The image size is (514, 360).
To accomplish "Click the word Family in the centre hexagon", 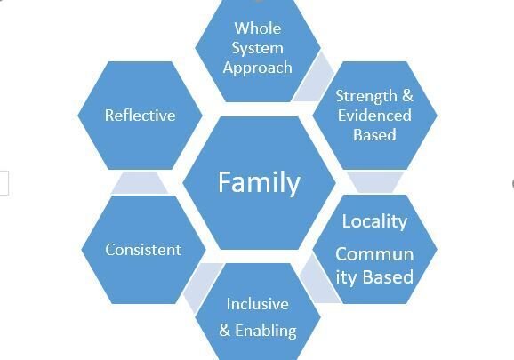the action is click(x=259, y=183).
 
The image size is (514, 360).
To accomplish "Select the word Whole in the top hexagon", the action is click(x=258, y=28).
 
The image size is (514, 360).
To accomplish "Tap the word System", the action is click(x=257, y=49).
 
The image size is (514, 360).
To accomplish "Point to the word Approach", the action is click(x=257, y=68).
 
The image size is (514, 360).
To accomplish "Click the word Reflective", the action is click(x=140, y=116).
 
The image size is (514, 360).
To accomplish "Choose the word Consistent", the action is click(x=143, y=250).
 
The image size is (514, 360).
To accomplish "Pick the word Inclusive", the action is click(x=258, y=304).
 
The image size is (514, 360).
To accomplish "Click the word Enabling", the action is click(x=266, y=331).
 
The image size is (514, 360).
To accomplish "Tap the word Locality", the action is click(x=374, y=221).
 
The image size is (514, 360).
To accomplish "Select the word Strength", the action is click(x=366, y=96).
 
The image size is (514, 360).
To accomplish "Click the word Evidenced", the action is click(x=374, y=116).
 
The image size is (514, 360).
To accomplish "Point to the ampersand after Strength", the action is click(x=407, y=96).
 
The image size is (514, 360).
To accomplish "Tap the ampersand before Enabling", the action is click(x=225, y=330).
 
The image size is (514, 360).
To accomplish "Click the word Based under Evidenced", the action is click(x=374, y=135).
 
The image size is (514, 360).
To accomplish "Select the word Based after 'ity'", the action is click(x=389, y=276).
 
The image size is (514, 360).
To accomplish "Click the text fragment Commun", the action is click(x=374, y=254).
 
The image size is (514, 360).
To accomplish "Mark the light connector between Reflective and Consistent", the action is click(x=140, y=183).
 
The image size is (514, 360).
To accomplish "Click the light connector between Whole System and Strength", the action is click(x=314, y=78).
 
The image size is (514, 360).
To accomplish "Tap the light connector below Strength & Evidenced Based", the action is click(x=375, y=182).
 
